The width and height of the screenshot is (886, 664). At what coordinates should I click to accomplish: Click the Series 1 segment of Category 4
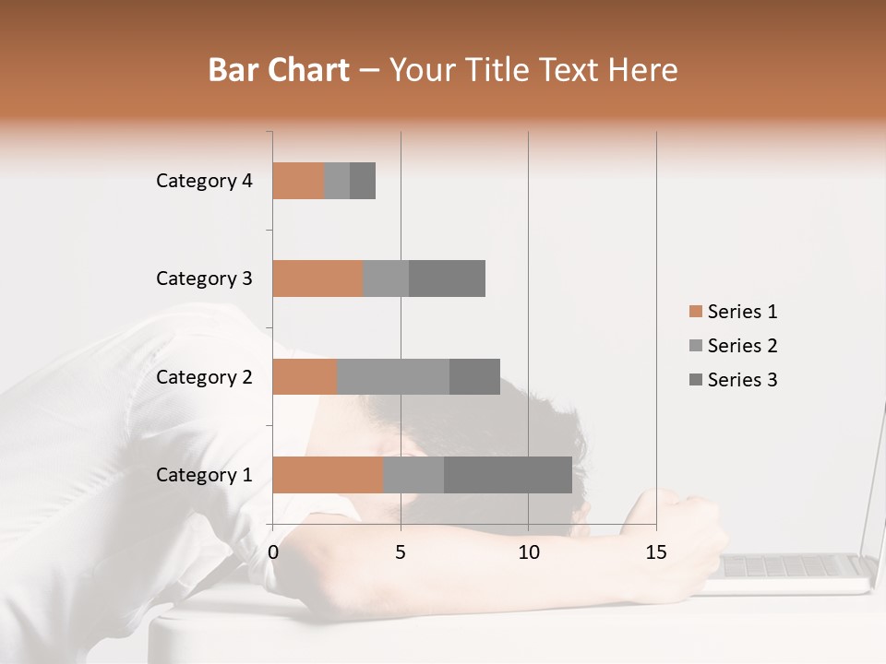coord(298,181)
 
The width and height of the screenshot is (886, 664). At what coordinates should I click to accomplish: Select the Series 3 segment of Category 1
coord(508,475)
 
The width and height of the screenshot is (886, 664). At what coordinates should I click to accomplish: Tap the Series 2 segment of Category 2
coord(393,377)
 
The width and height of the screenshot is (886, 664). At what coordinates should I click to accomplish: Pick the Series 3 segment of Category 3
coord(447,279)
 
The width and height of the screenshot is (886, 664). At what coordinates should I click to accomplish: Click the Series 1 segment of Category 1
coord(328,475)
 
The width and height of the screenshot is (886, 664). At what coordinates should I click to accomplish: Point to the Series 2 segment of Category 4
coord(337,181)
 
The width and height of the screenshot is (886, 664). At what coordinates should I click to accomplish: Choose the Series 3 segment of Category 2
coord(474,377)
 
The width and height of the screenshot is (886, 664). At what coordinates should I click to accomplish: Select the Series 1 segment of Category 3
coord(317,279)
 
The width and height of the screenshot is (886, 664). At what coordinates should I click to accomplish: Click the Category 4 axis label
coord(204,181)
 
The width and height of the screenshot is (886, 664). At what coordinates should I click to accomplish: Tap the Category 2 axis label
coord(204,377)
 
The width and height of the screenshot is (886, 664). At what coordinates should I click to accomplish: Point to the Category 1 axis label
coord(204,475)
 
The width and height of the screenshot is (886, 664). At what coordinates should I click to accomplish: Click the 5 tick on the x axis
coord(401,552)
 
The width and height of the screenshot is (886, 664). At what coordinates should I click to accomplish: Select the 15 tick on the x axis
coord(656,552)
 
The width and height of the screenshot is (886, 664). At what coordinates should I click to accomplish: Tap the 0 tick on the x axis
coord(273,552)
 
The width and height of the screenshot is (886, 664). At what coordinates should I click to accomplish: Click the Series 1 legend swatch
coord(695,312)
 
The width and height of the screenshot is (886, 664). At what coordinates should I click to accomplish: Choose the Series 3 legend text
coord(742,380)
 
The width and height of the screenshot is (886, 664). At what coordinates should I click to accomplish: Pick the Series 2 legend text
coord(742,346)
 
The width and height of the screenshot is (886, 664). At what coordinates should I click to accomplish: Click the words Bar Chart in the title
coord(279,70)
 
